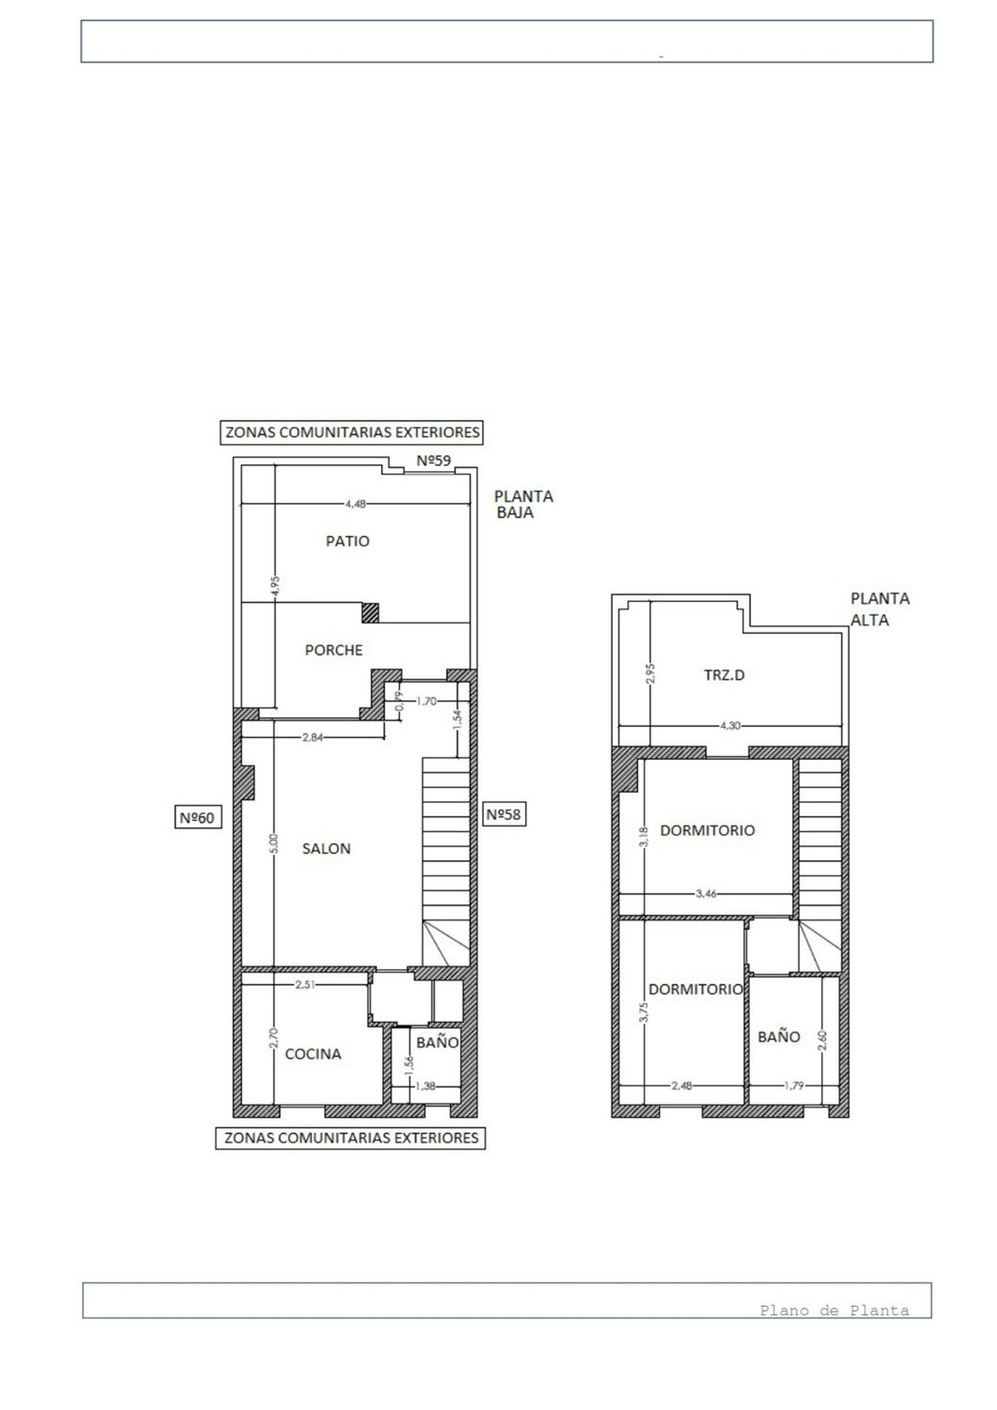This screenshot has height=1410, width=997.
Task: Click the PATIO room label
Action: click(x=347, y=541)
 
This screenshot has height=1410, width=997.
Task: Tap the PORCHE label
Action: click(x=334, y=650)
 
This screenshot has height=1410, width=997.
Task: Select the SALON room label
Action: click(x=326, y=849)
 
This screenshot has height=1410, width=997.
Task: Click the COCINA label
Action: click(x=313, y=1054)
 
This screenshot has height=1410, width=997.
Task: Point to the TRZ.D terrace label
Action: click(x=724, y=675)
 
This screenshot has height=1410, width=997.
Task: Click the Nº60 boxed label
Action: click(x=197, y=818)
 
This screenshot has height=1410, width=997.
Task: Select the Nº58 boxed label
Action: click(x=503, y=814)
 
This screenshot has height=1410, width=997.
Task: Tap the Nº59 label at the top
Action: click(x=433, y=460)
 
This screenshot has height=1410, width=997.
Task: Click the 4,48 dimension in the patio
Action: click(x=355, y=504)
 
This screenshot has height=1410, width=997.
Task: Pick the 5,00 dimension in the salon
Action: click(x=276, y=843)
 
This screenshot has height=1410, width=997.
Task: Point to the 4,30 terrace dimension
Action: click(x=730, y=726)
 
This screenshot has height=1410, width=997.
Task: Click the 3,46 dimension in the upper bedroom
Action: click(x=706, y=894)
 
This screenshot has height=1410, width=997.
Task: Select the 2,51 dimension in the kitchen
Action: click(x=305, y=985)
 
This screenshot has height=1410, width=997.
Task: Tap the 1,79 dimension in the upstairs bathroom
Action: click(x=794, y=1086)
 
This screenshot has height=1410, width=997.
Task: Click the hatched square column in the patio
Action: click(x=370, y=612)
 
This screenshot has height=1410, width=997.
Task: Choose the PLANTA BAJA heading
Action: click(x=523, y=504)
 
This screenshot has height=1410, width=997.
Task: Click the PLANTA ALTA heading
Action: click(x=879, y=609)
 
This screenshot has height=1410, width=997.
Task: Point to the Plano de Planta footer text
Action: click(x=834, y=1310)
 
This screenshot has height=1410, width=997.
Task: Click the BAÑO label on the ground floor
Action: click(x=437, y=1043)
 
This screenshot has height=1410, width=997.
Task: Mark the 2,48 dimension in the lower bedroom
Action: click(x=681, y=1086)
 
